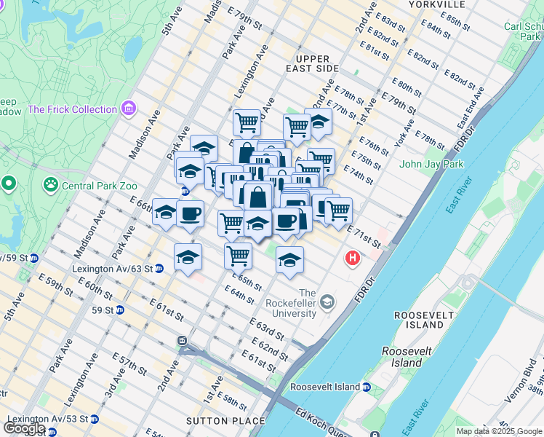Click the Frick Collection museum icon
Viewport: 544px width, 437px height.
coord(129,109)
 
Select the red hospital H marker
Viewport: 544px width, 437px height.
coord(353,258)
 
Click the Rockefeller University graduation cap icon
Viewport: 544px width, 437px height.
coord(328,301)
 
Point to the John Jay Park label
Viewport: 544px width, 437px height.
coord(431,164)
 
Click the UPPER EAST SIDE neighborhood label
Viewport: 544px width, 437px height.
coord(317,63)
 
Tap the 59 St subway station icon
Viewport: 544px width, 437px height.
coord(121,310)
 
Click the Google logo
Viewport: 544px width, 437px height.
coord(25,428)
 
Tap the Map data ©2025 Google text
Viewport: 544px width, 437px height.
coord(498,431)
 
